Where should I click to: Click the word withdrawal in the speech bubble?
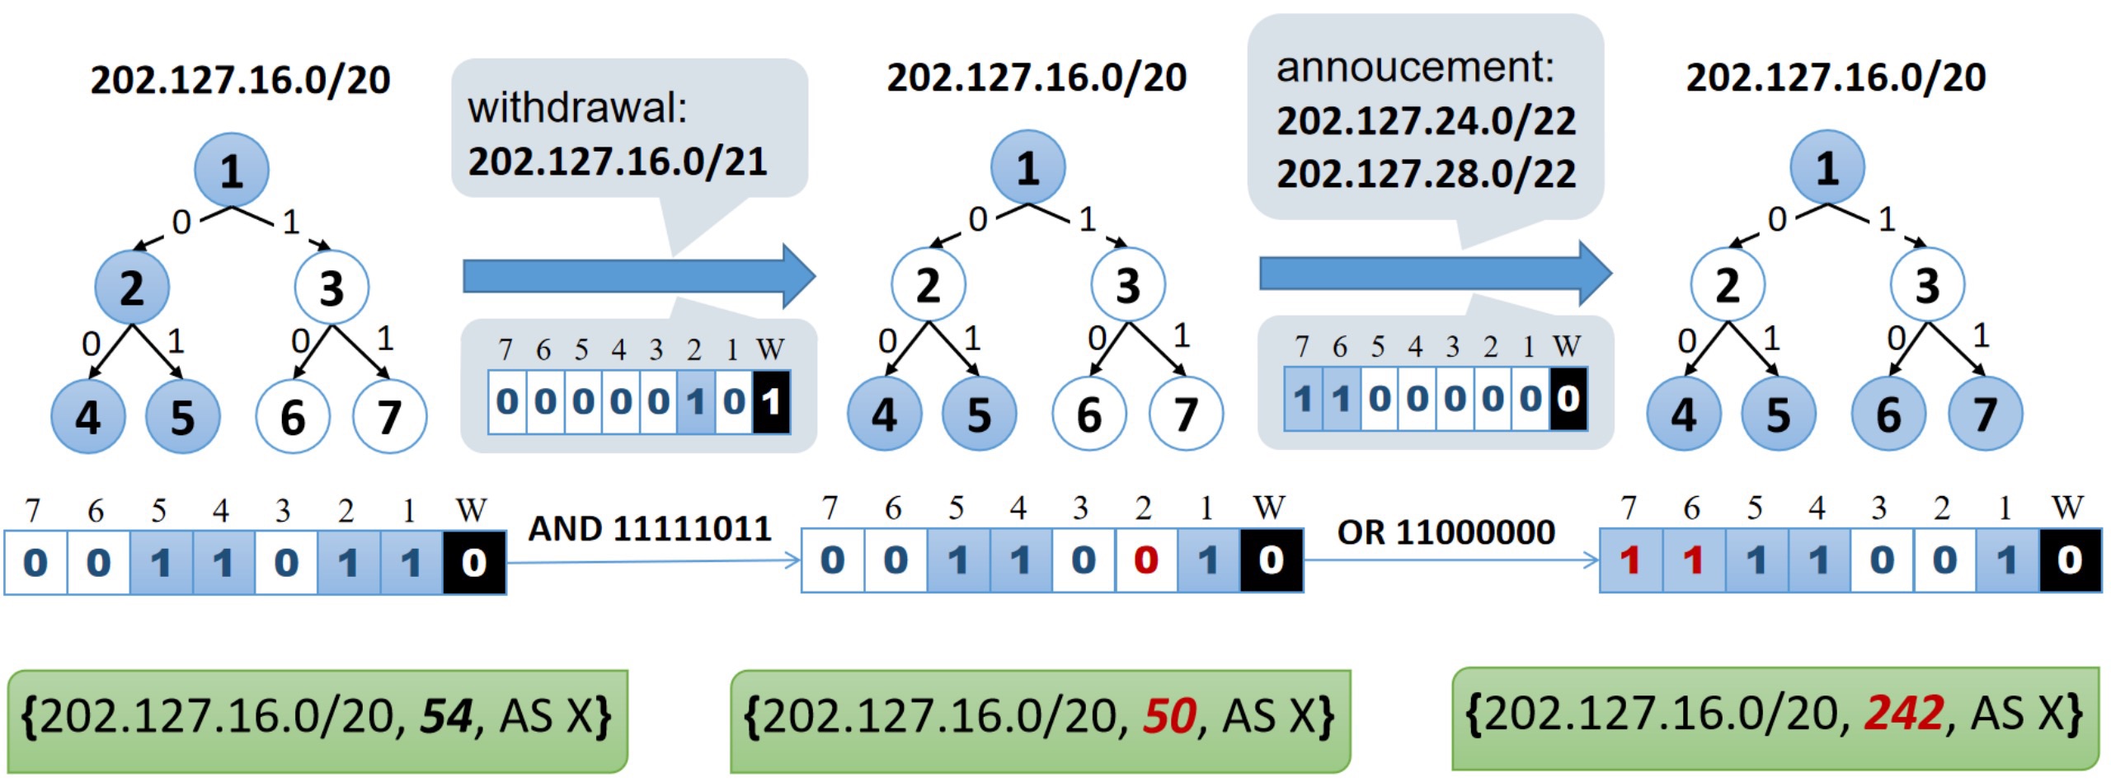click(577, 109)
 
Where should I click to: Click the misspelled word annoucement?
click(1414, 68)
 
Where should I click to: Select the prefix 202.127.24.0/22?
click(1426, 122)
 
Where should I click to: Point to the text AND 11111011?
click(650, 529)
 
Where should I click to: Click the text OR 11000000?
click(1446, 532)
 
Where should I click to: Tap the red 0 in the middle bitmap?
click(1145, 561)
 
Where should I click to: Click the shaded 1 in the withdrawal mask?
click(696, 402)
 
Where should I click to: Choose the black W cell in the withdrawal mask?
click(771, 402)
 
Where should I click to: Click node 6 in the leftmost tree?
click(293, 417)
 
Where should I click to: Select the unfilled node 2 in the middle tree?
click(928, 285)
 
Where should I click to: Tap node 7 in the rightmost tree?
click(1985, 414)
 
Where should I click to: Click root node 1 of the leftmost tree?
click(232, 171)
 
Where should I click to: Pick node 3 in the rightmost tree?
click(1926, 285)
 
